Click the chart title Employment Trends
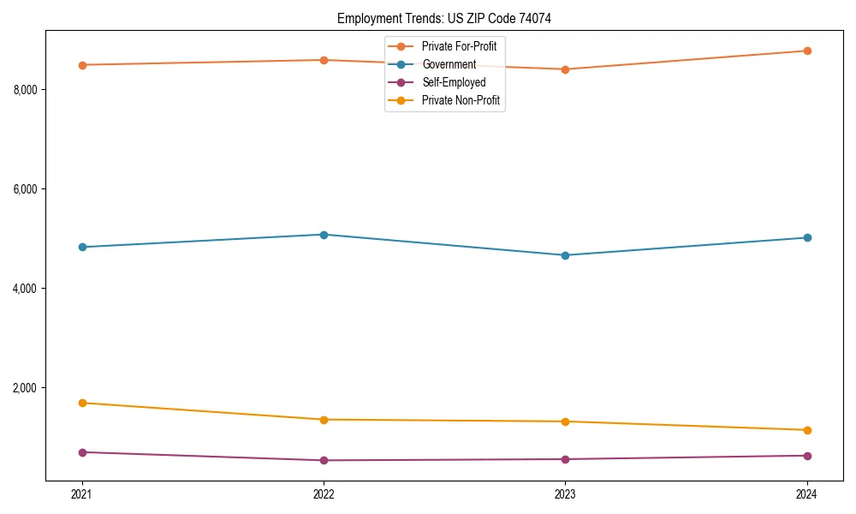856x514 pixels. click(449, 18)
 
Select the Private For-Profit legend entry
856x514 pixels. click(459, 46)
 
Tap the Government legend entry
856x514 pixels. click(449, 64)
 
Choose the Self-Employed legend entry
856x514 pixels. click(454, 82)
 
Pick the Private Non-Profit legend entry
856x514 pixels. click(461, 101)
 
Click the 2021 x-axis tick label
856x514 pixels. click(82, 494)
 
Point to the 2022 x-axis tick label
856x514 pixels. click(324, 494)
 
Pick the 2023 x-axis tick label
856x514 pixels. click(565, 494)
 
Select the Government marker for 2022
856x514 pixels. click(324, 235)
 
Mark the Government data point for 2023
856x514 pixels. click(565, 255)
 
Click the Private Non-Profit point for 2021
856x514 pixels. click(82, 403)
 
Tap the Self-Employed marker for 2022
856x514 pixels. click(324, 460)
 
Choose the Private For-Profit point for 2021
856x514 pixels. click(82, 65)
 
